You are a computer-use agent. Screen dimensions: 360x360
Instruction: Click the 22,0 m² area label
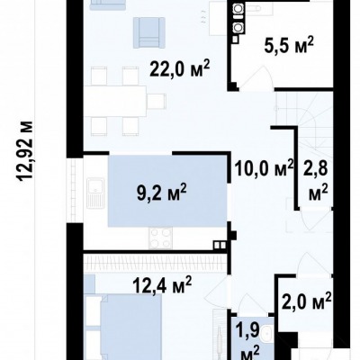point(179,70)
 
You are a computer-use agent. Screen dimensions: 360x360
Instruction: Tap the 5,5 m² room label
point(289,46)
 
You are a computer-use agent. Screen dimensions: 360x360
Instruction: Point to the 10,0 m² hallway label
point(264,168)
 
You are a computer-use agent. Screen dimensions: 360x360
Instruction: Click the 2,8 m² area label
point(318,182)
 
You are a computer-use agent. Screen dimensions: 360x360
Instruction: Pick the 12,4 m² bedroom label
point(163,285)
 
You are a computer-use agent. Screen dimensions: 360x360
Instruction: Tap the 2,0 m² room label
point(306,302)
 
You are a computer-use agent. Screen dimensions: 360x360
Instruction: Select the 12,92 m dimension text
point(25,151)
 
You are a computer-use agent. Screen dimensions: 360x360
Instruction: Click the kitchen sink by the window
point(95,193)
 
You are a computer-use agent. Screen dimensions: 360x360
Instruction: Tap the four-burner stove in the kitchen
point(161,238)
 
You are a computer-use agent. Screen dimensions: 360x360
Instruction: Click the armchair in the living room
point(149,32)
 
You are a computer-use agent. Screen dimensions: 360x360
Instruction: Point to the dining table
point(115,101)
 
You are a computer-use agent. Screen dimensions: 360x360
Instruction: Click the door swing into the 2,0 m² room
point(312,263)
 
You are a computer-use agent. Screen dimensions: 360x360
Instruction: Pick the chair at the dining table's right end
point(157,101)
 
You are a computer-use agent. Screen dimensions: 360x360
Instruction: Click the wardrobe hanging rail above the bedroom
point(155,263)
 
